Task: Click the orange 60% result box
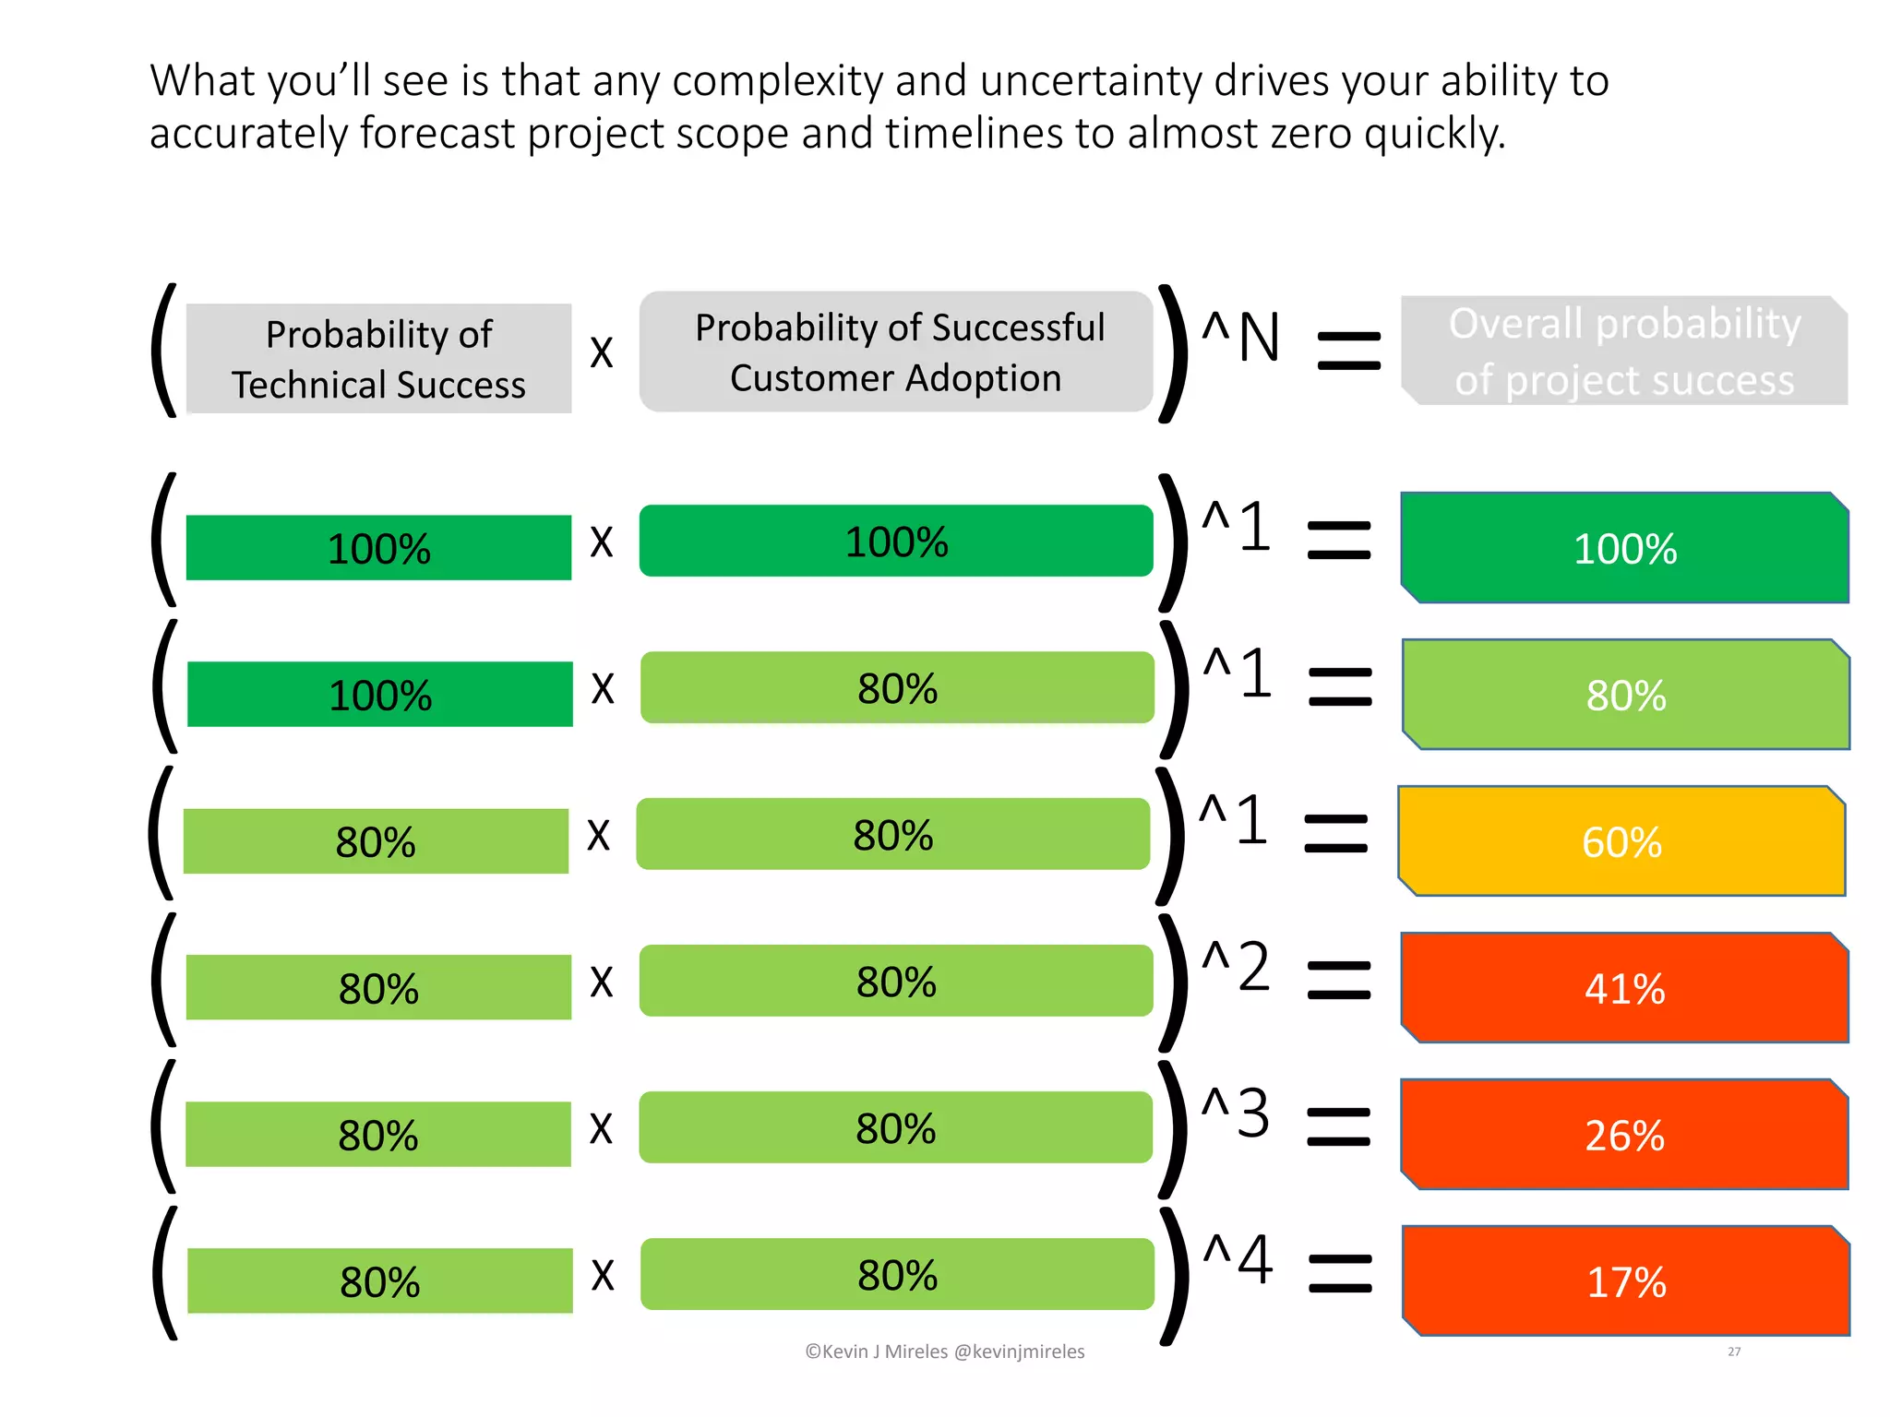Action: pos(1621,841)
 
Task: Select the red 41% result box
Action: pos(1624,988)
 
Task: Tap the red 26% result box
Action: pos(1624,1135)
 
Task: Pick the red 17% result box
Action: pos(1626,1281)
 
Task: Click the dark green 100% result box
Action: pos(1624,548)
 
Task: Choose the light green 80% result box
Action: pos(1626,695)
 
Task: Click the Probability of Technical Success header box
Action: pos(378,359)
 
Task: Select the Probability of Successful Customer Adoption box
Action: pos(896,352)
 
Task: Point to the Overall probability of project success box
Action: pos(1624,351)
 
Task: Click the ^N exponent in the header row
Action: pos(1241,338)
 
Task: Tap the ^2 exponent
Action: pos(1237,967)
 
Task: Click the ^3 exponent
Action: pos(1237,1113)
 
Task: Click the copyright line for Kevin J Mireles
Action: pos(945,1352)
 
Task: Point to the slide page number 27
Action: pos(1734,1352)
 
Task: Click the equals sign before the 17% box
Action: pos(1340,1273)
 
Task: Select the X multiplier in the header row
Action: pos(602,352)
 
